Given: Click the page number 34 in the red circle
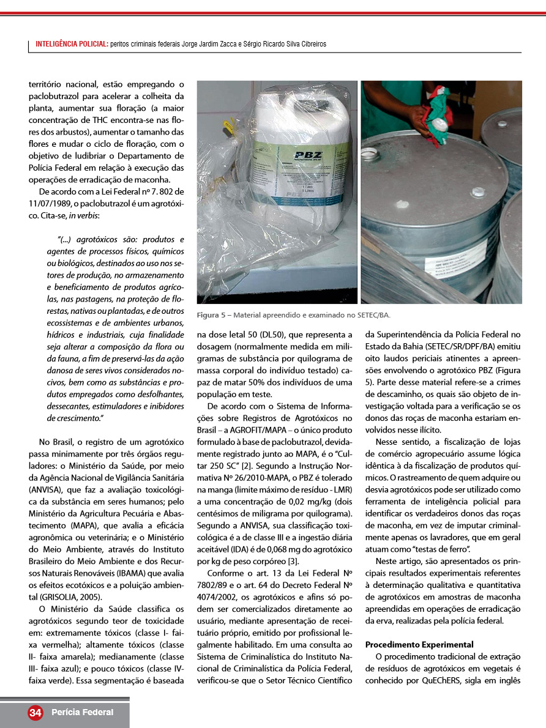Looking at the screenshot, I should click(36, 713).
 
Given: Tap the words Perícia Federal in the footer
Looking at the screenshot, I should click(82, 712).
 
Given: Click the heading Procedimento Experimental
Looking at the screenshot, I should click(419, 644).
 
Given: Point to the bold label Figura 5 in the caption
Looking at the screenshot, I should click(211, 315).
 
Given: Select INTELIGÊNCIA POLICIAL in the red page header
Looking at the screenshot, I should click(72, 44).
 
